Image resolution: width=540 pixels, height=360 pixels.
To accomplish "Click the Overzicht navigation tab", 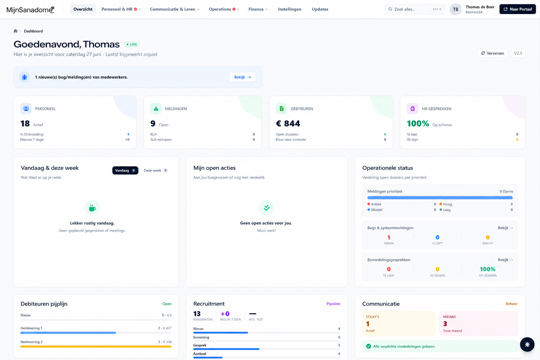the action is pos(83,9).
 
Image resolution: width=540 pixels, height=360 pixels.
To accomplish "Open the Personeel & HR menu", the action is pos(121,9).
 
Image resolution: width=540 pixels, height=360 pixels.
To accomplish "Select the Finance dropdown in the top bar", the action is pos(258,9).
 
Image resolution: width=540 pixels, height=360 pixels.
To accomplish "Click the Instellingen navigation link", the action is pos(290,9).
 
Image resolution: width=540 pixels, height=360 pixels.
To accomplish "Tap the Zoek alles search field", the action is pos(415,9).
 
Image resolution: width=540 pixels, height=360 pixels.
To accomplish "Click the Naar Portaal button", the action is pos(517,9).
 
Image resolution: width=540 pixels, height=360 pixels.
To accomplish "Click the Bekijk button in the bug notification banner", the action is pos(243,77).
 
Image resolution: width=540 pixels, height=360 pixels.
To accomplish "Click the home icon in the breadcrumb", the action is pos(15,31).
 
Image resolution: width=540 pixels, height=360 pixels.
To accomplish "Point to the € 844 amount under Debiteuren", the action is pos(288,123).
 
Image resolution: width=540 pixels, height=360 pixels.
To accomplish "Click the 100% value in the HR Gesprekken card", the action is pos(418,123).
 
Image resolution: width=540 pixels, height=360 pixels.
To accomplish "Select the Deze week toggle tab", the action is pos(155,171).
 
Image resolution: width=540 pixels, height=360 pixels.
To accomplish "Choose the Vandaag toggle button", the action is pos(125,171).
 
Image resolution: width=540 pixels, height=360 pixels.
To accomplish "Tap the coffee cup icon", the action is pos(92,208).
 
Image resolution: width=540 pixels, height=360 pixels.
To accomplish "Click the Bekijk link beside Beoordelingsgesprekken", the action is pos(505,260).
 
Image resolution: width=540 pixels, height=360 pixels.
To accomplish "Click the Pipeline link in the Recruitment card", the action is pos(333,304).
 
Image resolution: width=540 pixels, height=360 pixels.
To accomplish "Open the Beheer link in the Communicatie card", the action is pos(511,304).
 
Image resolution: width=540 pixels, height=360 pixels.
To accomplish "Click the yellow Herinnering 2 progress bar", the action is pos(96,347).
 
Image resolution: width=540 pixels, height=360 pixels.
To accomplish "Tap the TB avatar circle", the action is pos(455,9).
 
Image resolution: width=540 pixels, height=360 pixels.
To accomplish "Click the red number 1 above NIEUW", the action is pos(388,238).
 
